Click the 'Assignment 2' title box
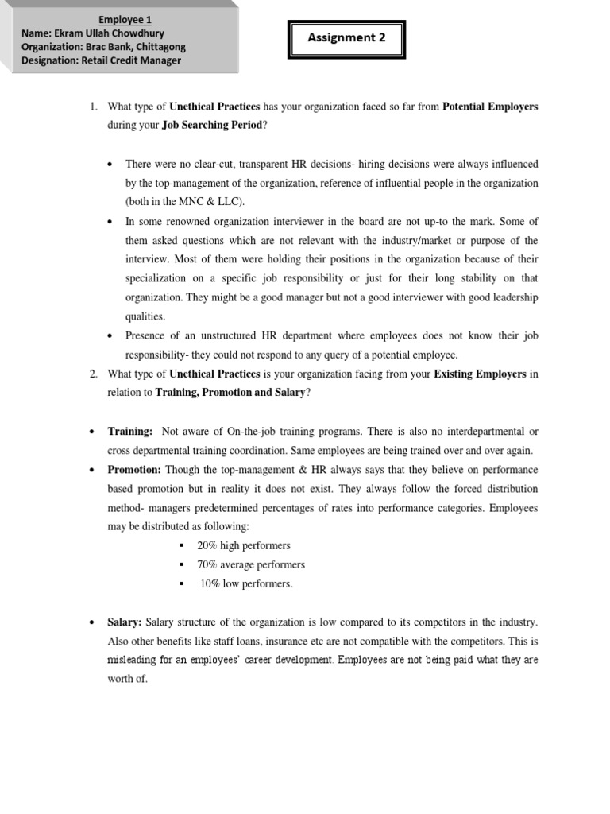pyautogui.click(x=346, y=38)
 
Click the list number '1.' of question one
pyautogui.click(x=92, y=107)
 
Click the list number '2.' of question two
pyautogui.click(x=92, y=374)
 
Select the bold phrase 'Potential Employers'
pyautogui.click(x=489, y=107)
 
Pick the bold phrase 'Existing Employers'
pyautogui.click(x=480, y=374)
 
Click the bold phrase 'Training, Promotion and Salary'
pyautogui.click(x=230, y=393)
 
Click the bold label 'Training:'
pyautogui.click(x=130, y=432)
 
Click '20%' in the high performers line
pyautogui.click(x=210, y=546)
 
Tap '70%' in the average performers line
pyautogui.click(x=210, y=565)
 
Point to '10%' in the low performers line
pyautogui.click(x=211, y=584)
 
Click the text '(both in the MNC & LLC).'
pyautogui.click(x=183, y=202)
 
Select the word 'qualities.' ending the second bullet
pyautogui.click(x=145, y=316)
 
